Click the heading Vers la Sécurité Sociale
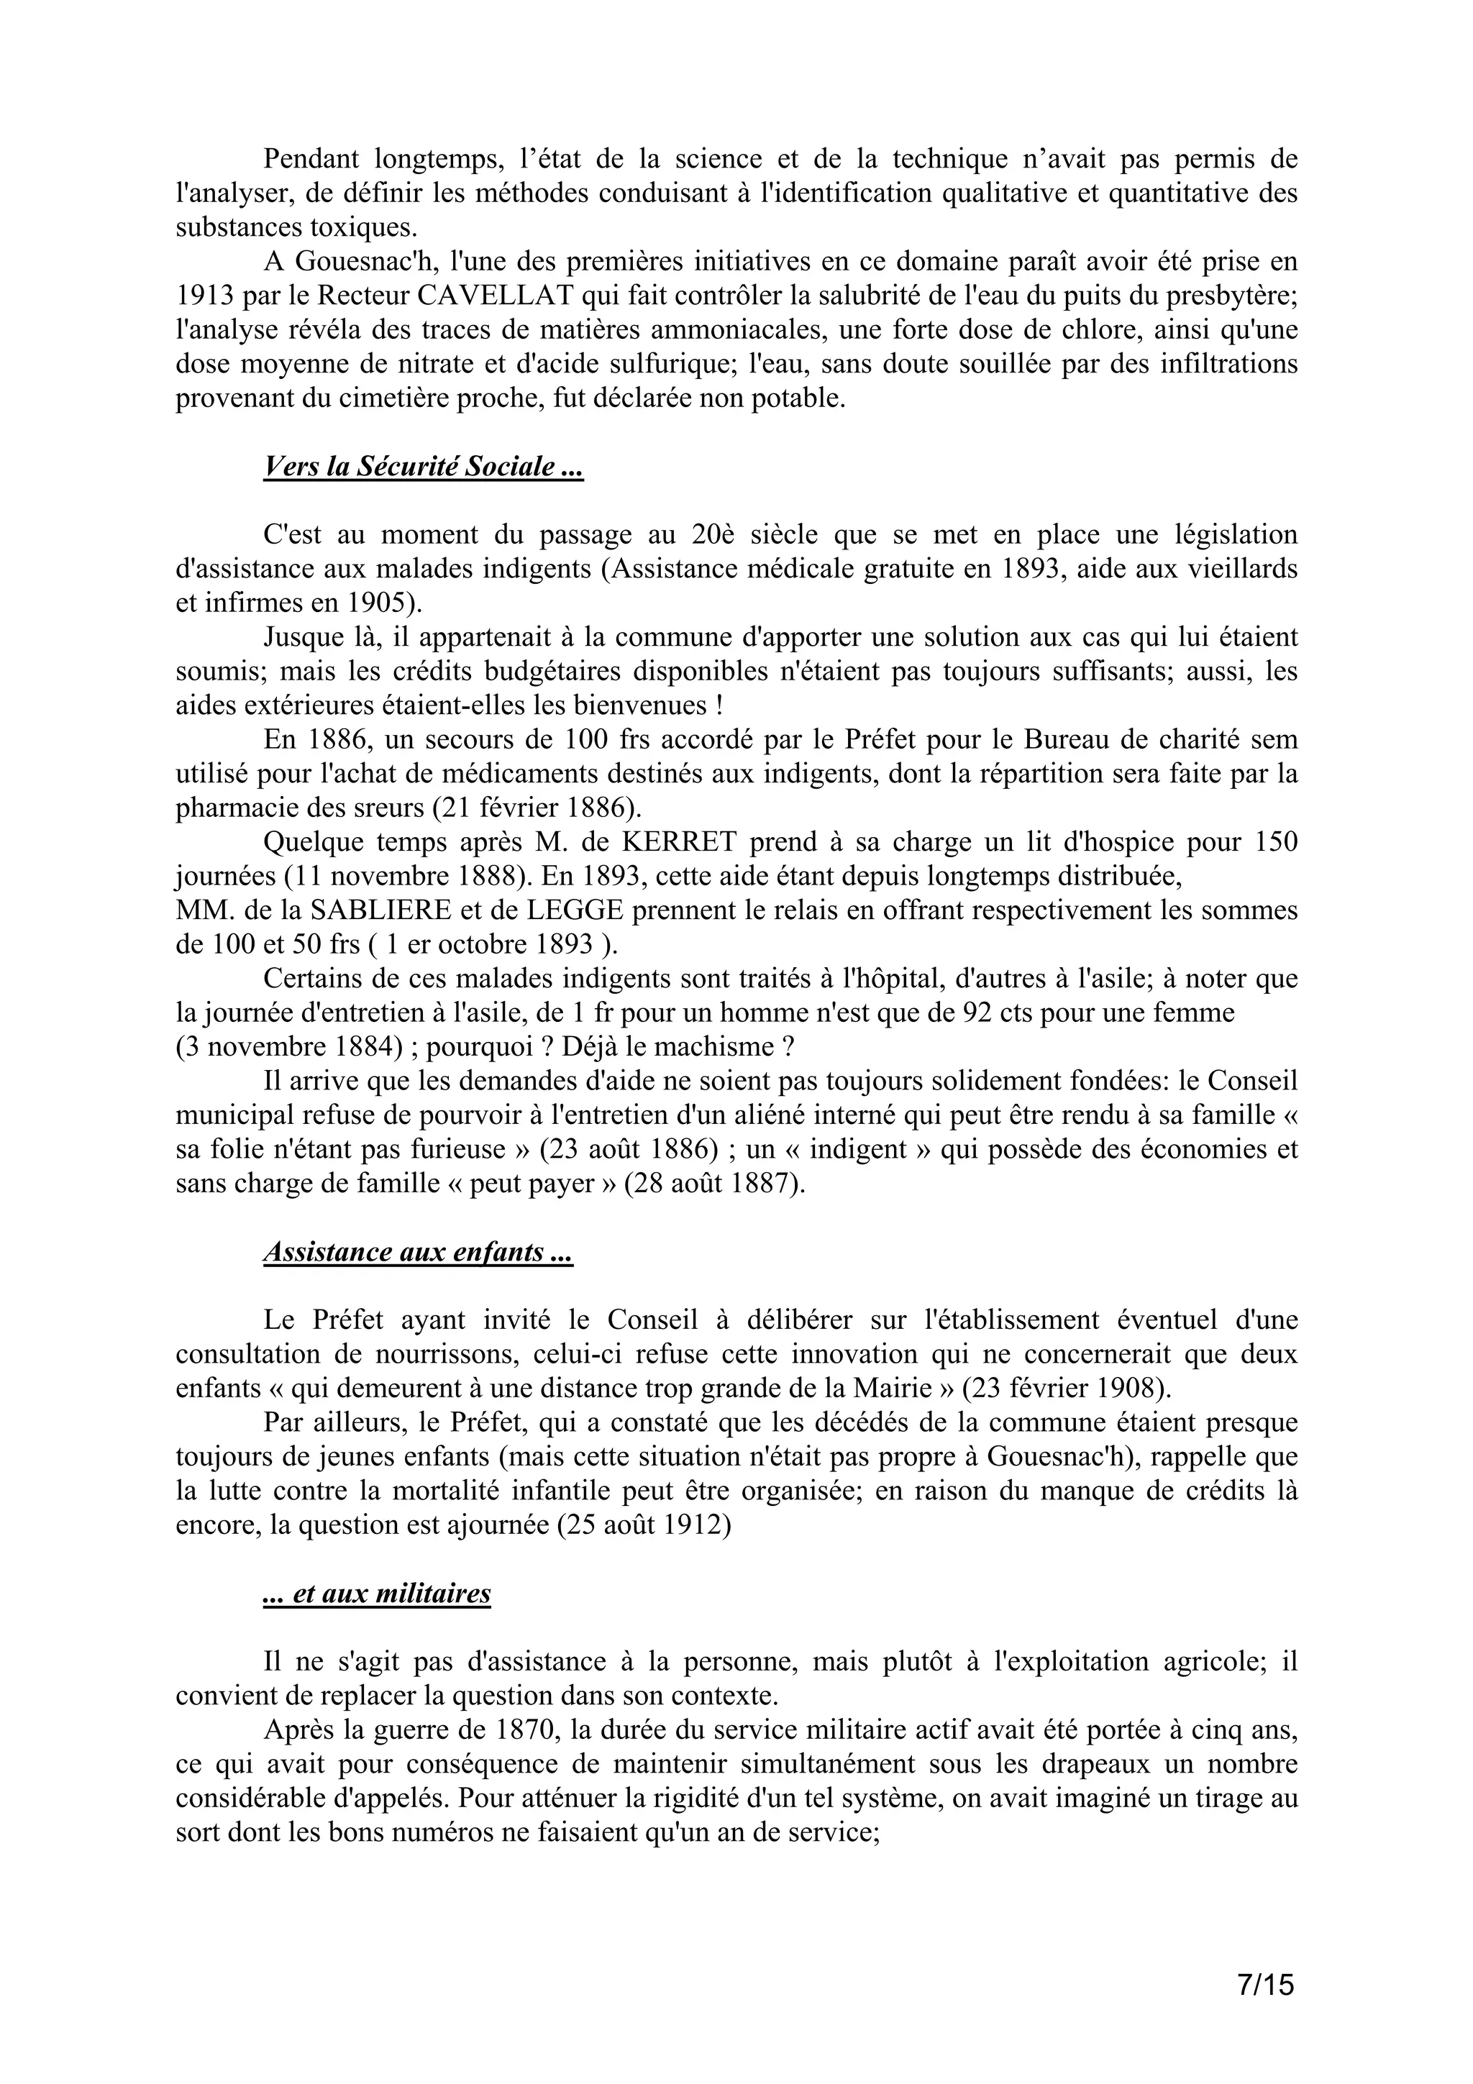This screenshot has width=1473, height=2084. [423, 467]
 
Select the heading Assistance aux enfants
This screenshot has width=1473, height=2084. [417, 1253]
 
